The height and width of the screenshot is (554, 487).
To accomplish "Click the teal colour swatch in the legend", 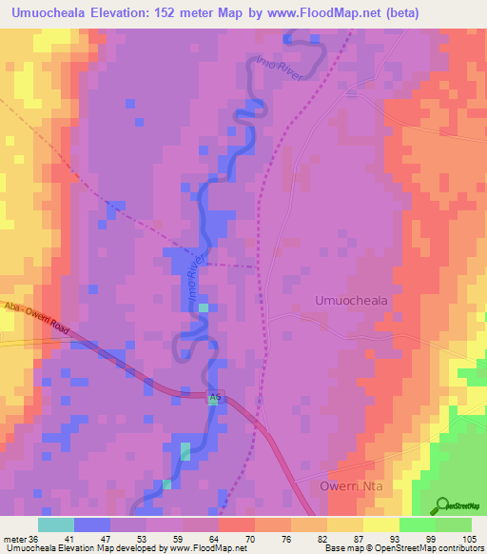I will click(x=55, y=524).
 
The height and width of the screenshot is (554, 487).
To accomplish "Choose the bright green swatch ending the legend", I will click(x=453, y=524).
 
